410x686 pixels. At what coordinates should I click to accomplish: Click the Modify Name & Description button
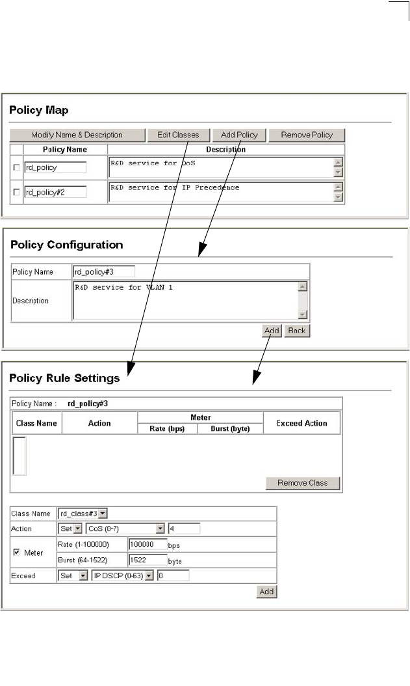pyautogui.click(x=77, y=135)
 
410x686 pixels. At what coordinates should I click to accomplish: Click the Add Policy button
pyautogui.click(x=239, y=135)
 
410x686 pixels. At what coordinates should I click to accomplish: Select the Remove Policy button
pyautogui.click(x=306, y=135)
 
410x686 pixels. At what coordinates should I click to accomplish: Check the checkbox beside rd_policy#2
pyautogui.click(x=16, y=193)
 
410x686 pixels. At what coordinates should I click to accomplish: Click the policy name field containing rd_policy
pyautogui.click(x=55, y=167)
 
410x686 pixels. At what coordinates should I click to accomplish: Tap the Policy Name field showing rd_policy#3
pyautogui.click(x=104, y=271)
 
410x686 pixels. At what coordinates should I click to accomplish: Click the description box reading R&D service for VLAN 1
pyautogui.click(x=186, y=300)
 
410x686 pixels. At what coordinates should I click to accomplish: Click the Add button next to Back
pyautogui.click(x=272, y=331)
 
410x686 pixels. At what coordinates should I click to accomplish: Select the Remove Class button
pyautogui.click(x=303, y=483)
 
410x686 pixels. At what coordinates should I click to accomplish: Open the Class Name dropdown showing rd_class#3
pyautogui.click(x=83, y=514)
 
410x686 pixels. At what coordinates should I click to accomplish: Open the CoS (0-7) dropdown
pyautogui.click(x=125, y=528)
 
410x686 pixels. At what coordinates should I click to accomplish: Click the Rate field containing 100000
pyautogui.click(x=147, y=544)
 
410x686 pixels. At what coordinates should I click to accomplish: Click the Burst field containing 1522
pyautogui.click(x=147, y=559)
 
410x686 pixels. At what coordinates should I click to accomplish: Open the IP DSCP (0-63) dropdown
pyautogui.click(x=122, y=575)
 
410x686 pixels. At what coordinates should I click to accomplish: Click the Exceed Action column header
pyautogui.click(x=301, y=423)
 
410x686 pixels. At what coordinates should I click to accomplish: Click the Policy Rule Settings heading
pyautogui.click(x=64, y=378)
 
